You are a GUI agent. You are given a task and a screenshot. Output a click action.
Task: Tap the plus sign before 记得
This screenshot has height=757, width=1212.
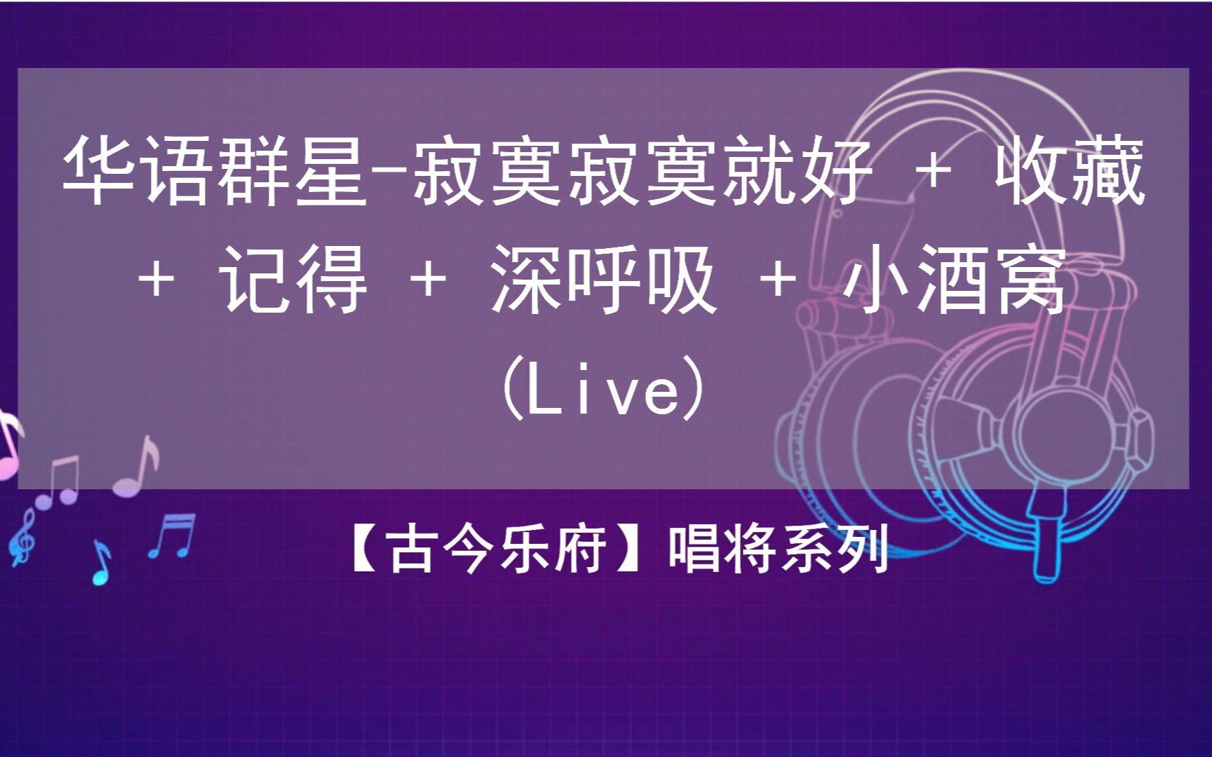tap(156, 280)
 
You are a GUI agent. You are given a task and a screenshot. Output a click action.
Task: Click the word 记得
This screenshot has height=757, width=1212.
tap(295, 278)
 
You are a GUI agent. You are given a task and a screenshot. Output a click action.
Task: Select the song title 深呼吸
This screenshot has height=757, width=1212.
tap(603, 278)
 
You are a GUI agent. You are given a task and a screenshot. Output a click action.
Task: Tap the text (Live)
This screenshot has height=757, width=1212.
tap(604, 388)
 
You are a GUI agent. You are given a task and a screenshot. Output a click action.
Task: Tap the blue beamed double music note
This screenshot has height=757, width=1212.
tap(172, 536)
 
